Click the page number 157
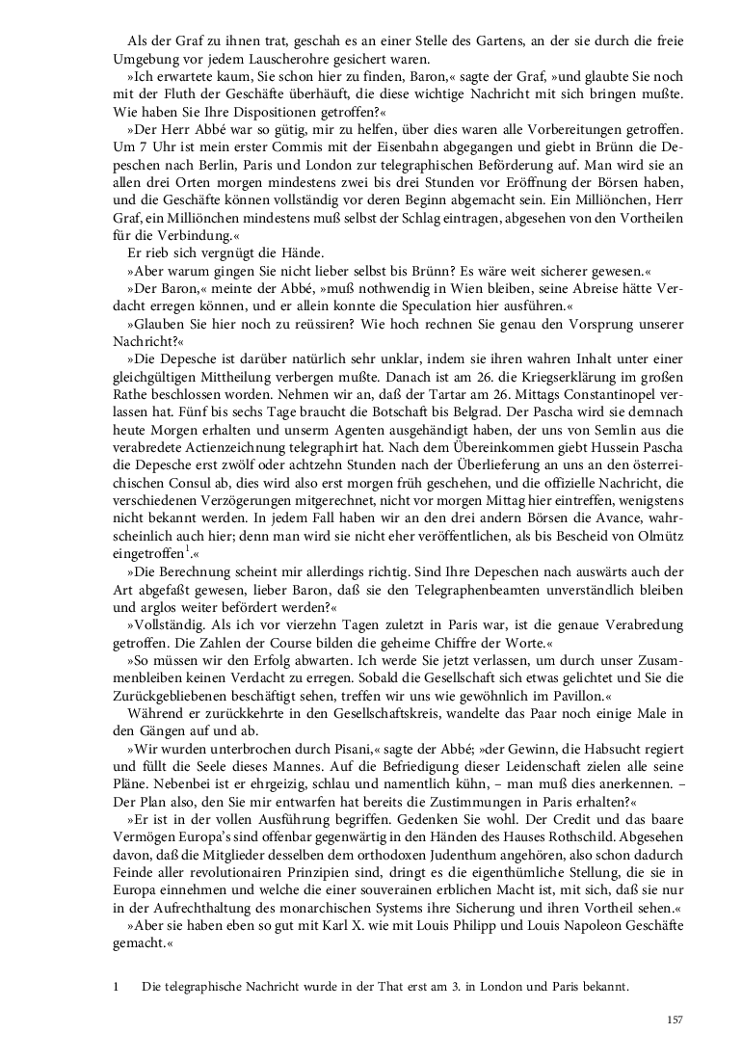[674, 1020]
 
